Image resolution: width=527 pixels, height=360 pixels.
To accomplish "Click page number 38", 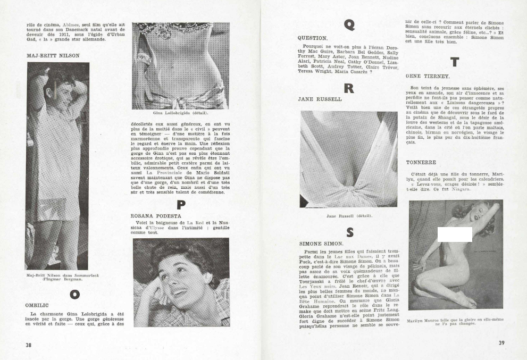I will click(x=29, y=344).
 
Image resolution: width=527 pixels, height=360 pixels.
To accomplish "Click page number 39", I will click(x=501, y=343).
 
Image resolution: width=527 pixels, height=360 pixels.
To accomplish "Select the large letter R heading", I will click(x=349, y=88).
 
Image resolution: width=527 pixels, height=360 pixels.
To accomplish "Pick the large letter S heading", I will click(x=349, y=232).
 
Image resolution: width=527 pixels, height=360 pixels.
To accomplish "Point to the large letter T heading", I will click(x=455, y=62).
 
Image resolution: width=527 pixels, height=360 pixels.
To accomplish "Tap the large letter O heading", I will click(x=75, y=294).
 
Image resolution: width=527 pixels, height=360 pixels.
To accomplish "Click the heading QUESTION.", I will click(x=313, y=38).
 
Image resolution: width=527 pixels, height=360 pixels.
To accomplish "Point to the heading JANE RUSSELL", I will click(x=320, y=99).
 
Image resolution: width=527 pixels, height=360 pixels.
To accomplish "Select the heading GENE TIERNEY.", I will click(x=428, y=76).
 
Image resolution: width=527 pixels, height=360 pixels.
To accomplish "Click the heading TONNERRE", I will click(x=421, y=162).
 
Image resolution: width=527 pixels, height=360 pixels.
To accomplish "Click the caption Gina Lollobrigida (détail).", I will click(x=180, y=113).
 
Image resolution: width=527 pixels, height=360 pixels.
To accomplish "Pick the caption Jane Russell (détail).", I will click(x=348, y=216).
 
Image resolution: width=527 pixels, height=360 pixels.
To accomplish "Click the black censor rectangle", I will click(x=455, y=235).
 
